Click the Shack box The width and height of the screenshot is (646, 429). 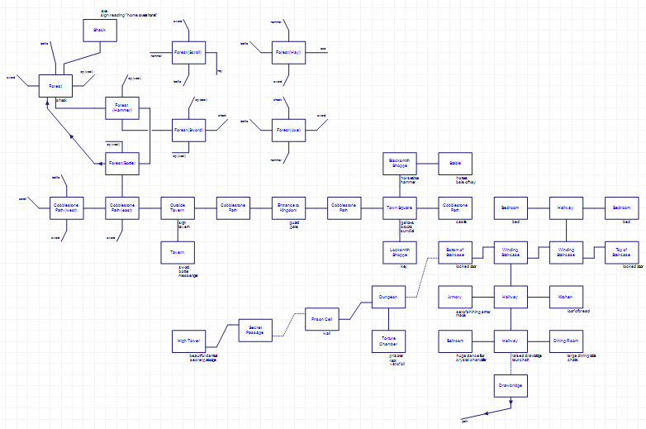point(99,31)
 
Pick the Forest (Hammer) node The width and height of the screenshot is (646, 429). point(122,108)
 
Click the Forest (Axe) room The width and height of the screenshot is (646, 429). point(288,131)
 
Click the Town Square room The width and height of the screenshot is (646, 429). point(400,207)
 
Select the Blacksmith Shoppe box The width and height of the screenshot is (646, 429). point(400,164)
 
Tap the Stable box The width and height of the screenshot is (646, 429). point(455,164)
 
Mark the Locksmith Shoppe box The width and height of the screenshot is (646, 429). point(400,252)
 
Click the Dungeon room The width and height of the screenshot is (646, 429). point(388,297)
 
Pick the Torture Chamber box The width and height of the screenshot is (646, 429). point(388,341)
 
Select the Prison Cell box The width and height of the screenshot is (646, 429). point(322,319)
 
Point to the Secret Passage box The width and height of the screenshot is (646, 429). point(255,331)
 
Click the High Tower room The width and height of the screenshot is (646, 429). point(188,341)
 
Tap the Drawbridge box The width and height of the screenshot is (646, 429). point(511,385)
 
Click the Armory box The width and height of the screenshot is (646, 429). point(455,297)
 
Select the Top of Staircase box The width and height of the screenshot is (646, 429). point(622,252)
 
